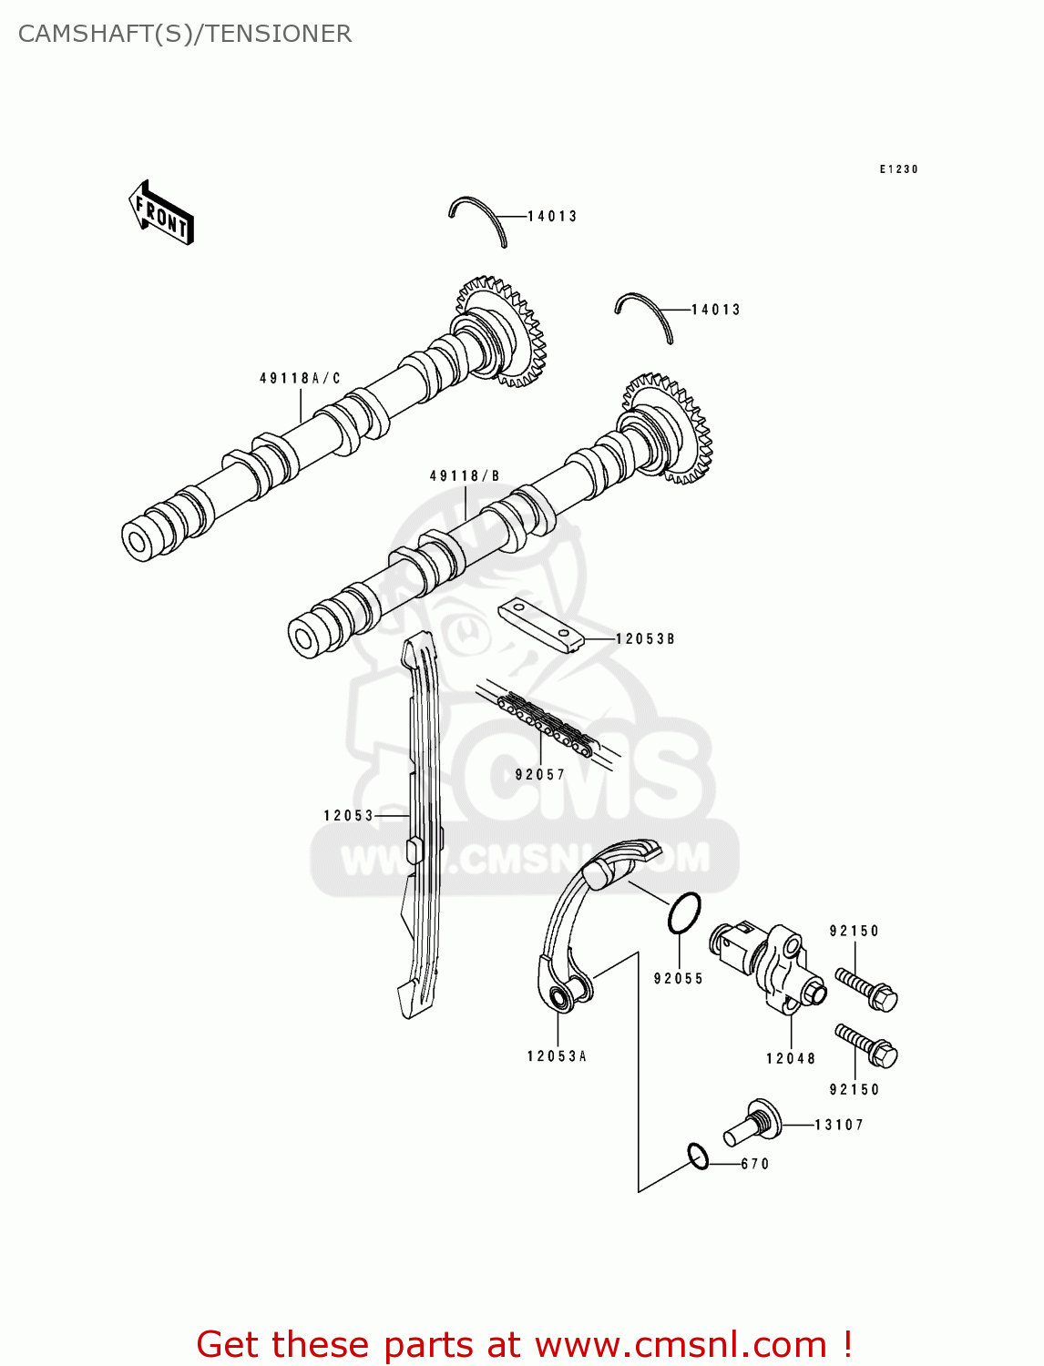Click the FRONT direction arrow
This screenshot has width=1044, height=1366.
click(161, 213)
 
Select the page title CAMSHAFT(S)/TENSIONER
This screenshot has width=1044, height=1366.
click(185, 34)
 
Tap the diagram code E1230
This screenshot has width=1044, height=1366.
click(898, 169)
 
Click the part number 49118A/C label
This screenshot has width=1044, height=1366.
click(300, 378)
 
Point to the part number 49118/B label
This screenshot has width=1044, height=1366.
click(465, 475)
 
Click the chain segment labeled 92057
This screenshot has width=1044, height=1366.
click(547, 724)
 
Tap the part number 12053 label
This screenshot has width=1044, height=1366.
click(349, 815)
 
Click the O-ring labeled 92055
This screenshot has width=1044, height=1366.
click(684, 912)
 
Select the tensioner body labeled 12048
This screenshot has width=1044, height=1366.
click(770, 970)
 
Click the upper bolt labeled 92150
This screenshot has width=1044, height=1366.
click(866, 989)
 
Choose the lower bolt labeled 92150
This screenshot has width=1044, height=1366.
click(866, 1045)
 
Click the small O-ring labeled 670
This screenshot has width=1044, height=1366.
click(698, 1157)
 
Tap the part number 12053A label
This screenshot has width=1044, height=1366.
click(557, 1056)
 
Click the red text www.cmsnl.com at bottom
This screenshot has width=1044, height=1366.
click(681, 1344)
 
